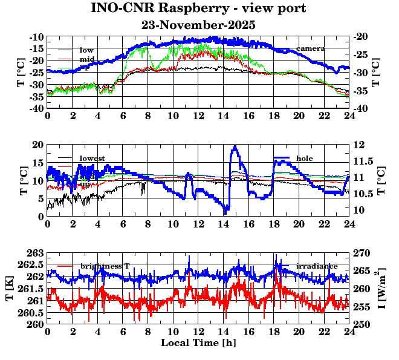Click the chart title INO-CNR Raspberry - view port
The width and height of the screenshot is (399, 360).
[198, 8]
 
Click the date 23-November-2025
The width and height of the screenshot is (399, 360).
[198, 25]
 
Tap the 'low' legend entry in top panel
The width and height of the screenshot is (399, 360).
[86, 50]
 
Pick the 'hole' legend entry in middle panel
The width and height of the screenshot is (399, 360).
[304, 158]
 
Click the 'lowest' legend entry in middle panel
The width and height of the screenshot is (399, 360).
[92, 159]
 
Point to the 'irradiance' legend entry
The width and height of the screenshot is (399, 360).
[315, 266]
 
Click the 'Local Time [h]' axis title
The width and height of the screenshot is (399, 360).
[198, 343]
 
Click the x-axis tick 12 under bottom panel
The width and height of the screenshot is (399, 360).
[198, 332]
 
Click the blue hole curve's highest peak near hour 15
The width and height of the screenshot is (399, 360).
[235, 146]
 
